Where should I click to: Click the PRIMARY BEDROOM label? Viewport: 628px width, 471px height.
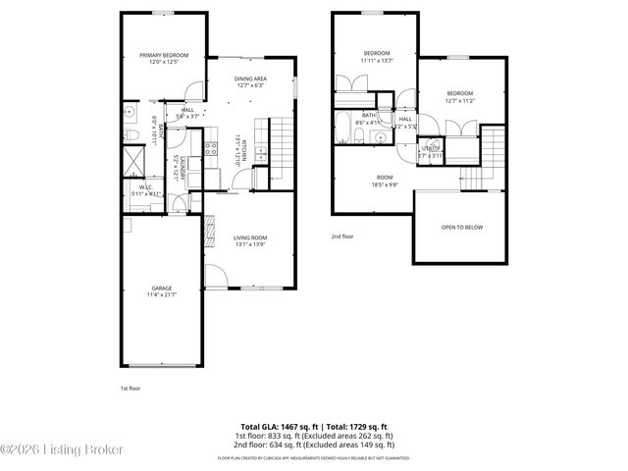tap(163, 56)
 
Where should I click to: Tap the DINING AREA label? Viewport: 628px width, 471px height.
tap(250, 78)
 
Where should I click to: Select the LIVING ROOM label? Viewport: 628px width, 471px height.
tap(250, 237)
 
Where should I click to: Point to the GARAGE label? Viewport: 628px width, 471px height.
tap(162, 288)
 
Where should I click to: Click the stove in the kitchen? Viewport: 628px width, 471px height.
tap(210, 150)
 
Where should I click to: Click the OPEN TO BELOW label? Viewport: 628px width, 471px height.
tap(460, 227)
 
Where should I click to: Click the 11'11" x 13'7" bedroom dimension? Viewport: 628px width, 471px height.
tap(376, 60)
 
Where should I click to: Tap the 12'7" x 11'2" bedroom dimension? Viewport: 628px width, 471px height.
tap(459, 101)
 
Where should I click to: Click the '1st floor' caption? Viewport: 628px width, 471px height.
tap(131, 389)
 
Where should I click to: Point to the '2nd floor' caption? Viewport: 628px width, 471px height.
tap(342, 236)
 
